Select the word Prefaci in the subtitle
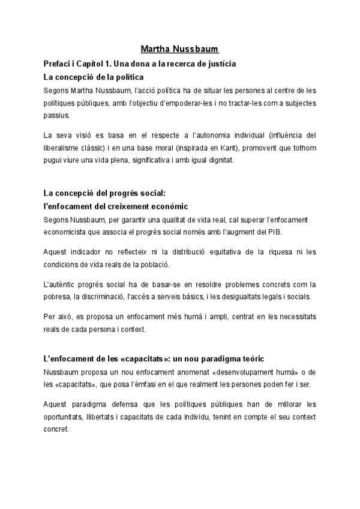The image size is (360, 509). pos(57,63)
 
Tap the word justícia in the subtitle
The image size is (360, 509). pos(219,63)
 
